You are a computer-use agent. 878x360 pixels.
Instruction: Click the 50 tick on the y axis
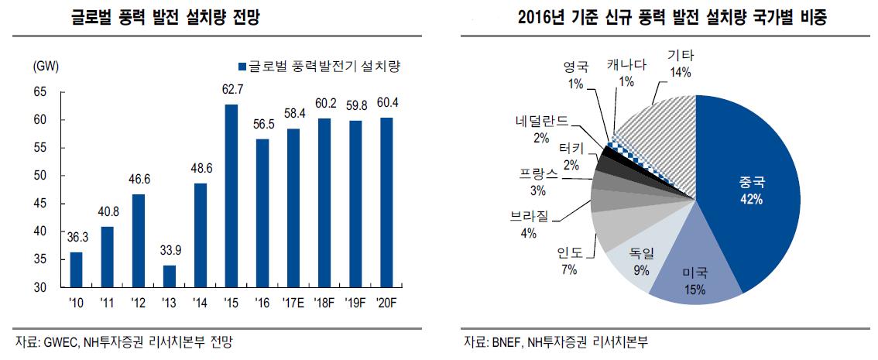pos(39,176)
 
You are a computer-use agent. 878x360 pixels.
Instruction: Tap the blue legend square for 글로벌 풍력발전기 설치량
pos(242,67)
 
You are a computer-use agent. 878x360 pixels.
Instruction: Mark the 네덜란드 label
pos(542,121)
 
